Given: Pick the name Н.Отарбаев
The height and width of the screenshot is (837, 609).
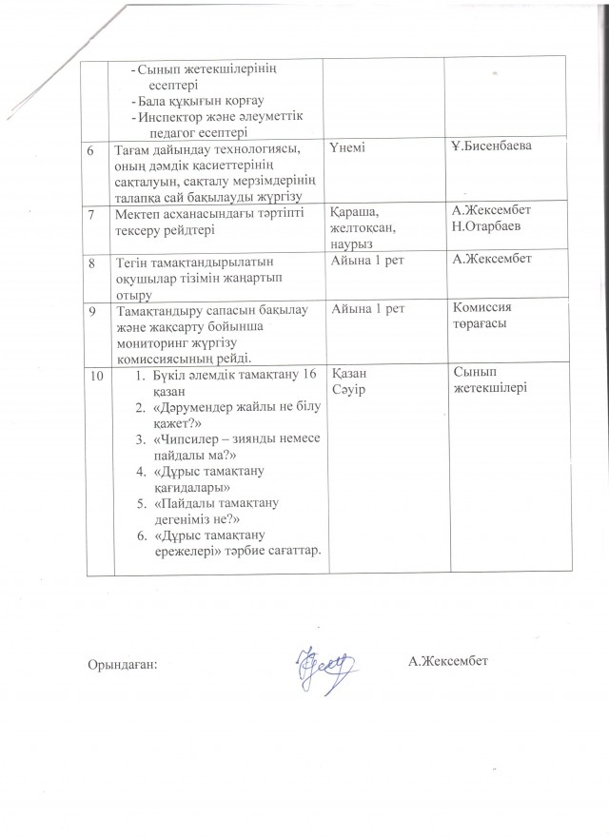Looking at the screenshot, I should point(489,228).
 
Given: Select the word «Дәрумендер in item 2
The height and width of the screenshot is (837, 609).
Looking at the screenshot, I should point(196,410).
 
